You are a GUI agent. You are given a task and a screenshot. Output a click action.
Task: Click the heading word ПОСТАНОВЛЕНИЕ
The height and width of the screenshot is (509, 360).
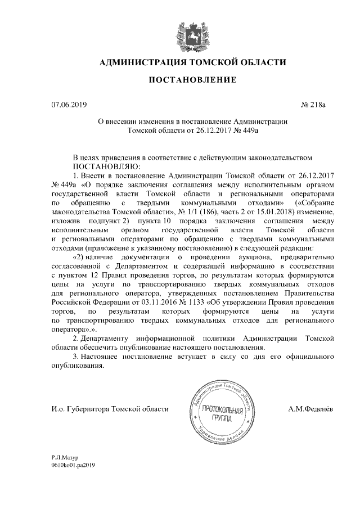coord(192,81)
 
